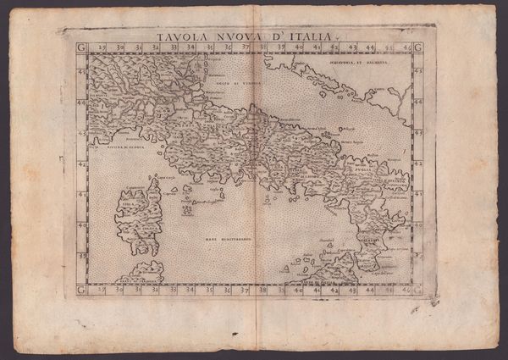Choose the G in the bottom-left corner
(81, 290)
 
